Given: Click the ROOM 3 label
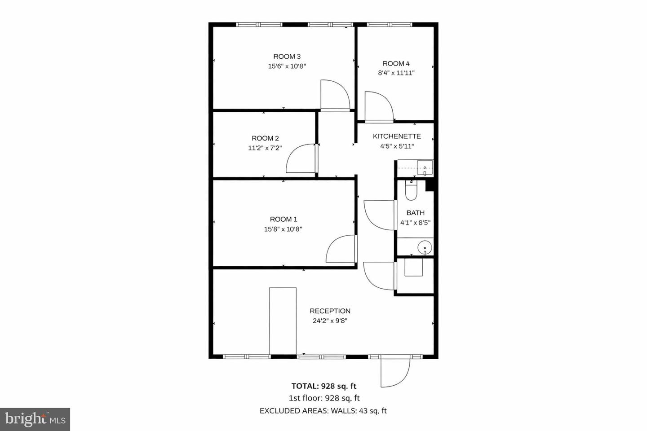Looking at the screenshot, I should [287, 57].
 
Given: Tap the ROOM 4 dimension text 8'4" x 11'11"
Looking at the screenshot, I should [396, 73].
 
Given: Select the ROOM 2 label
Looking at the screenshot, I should [265, 138].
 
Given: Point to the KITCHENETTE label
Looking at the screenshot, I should [397, 136].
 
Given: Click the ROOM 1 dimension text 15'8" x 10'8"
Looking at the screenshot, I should [283, 229].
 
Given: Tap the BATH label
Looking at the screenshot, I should [415, 213].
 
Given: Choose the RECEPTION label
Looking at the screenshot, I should [330, 311].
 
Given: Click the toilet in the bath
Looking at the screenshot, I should [411, 190].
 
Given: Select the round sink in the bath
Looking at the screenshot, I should [424, 247].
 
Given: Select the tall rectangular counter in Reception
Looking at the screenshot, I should [283, 321].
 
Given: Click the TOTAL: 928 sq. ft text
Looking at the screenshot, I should [324, 386].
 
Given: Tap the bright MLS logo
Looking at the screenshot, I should [35, 419].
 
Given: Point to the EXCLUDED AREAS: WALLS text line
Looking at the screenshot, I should [323, 410].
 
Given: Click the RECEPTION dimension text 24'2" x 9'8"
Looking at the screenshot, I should [330, 321].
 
